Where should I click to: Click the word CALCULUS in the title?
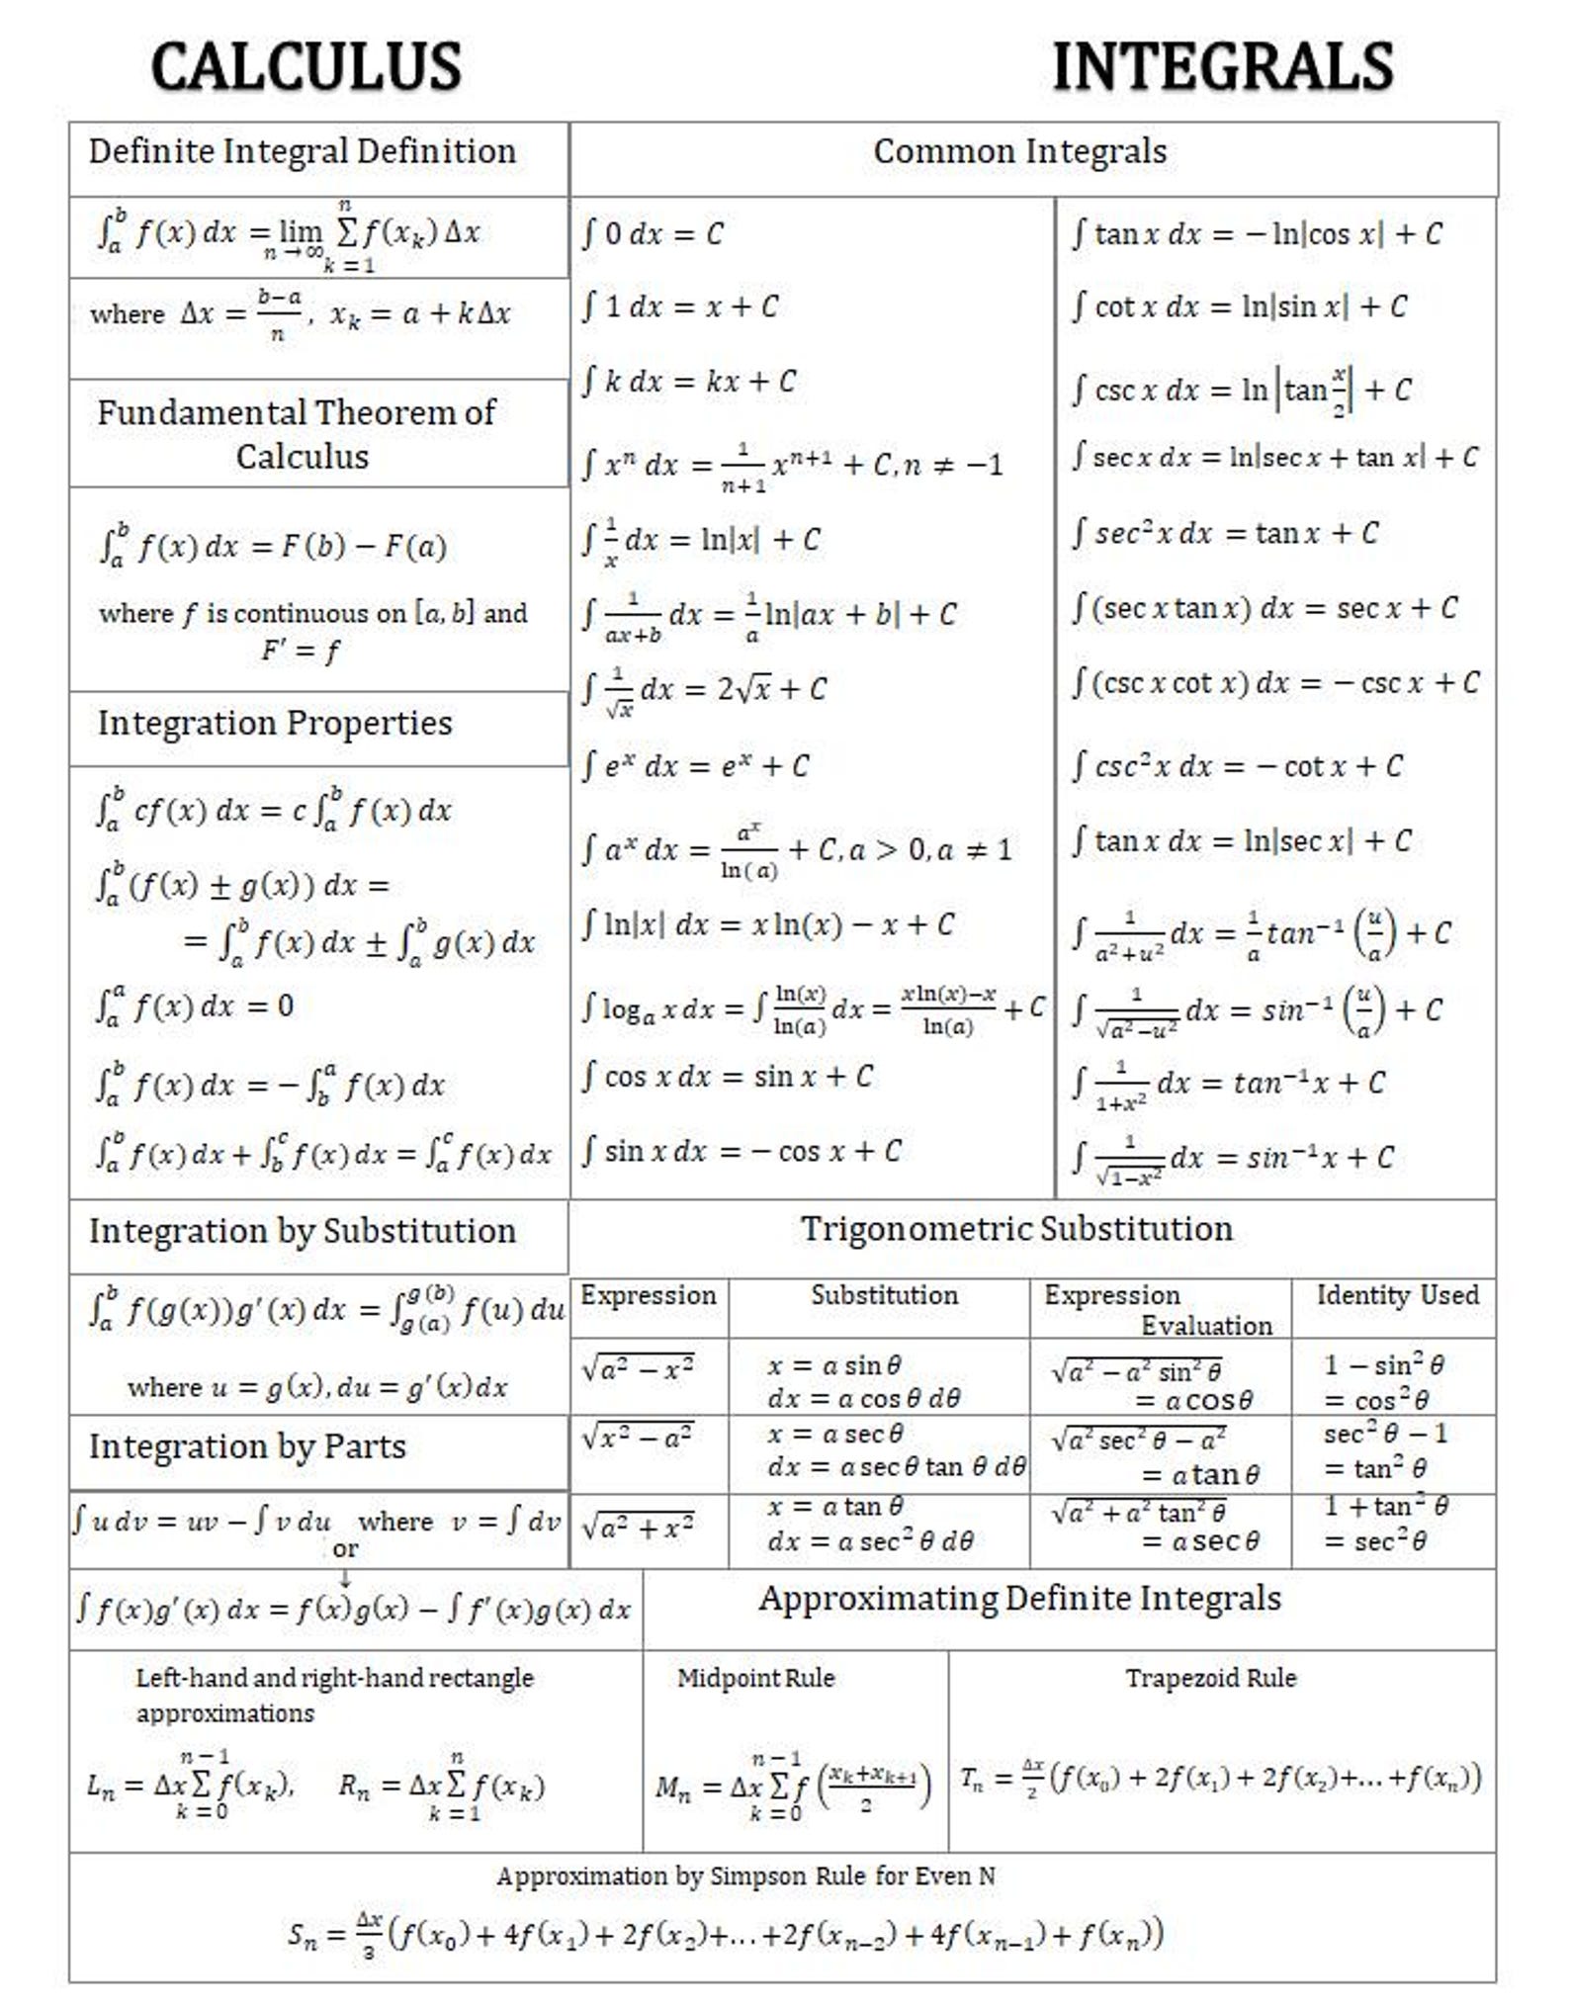305,67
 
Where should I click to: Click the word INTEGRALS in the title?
1223,67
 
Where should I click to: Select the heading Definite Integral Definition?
302,151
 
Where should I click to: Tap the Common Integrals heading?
1019,151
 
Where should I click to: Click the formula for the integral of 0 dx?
653,234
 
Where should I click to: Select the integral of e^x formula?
695,766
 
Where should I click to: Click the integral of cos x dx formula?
727,1077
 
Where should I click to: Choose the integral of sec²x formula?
1225,534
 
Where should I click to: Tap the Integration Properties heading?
275,723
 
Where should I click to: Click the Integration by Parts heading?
247,1446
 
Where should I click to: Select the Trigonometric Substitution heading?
1016,1229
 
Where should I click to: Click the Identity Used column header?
1397,1295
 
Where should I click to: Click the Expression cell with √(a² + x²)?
638,1529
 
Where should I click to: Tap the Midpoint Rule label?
755,1678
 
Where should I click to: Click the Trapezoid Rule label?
1210,1678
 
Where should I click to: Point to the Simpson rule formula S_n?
725,1933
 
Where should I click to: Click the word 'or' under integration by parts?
345,1549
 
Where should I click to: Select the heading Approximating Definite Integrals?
1019,1599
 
